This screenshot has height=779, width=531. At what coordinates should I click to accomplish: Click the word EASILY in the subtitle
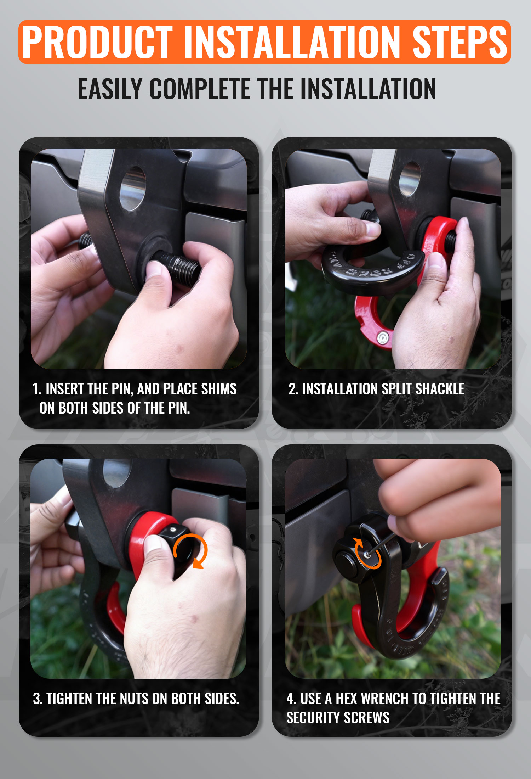coord(110,89)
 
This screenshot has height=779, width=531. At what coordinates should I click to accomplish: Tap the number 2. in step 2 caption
coord(293,389)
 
